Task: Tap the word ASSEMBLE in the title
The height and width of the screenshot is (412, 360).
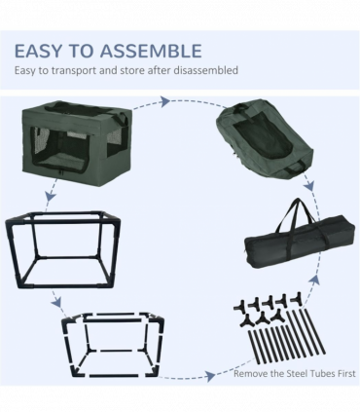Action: tap(151, 52)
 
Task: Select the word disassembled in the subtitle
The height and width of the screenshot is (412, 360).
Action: tap(205, 70)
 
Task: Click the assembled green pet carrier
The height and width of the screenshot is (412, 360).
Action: tap(77, 143)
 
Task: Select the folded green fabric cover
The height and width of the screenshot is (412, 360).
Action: tap(265, 139)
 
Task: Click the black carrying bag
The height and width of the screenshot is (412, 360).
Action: tap(300, 241)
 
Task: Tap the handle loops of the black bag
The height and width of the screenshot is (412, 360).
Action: tap(296, 214)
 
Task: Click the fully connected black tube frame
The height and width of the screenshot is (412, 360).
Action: tap(63, 249)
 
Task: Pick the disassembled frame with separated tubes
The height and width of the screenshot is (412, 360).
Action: tap(113, 345)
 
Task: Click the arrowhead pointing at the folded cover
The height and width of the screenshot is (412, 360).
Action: tap(165, 101)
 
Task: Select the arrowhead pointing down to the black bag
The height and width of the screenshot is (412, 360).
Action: tap(309, 186)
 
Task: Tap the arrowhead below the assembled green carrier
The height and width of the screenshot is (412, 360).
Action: tap(51, 196)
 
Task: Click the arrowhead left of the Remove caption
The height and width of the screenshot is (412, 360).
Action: tap(210, 376)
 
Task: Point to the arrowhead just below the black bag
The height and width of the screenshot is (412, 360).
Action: tap(315, 280)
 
